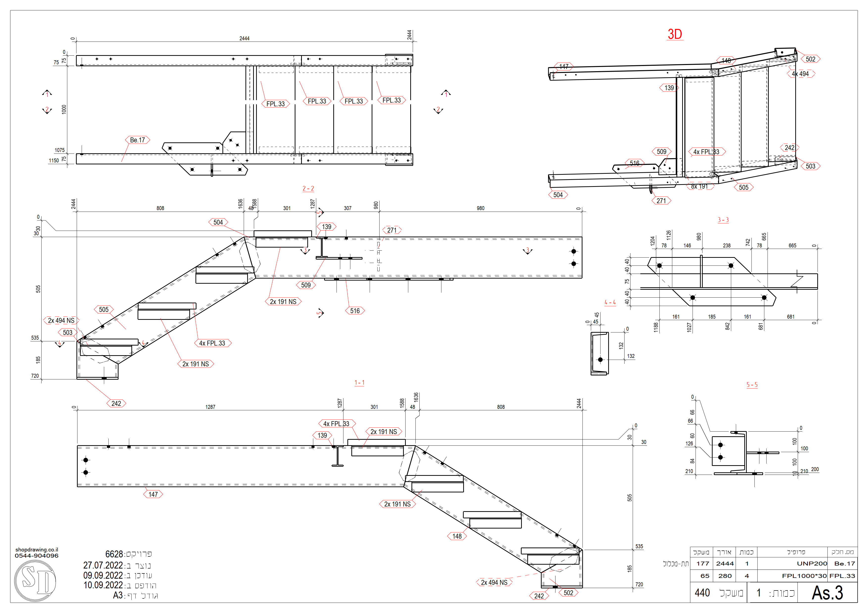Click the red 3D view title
(x=675, y=34)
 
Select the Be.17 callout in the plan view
(x=137, y=140)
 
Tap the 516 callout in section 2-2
(x=355, y=311)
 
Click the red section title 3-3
(x=723, y=220)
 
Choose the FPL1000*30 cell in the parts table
(x=804, y=576)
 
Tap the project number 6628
(x=114, y=554)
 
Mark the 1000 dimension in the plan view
(x=64, y=109)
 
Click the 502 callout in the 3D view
(x=810, y=59)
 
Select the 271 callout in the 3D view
(x=661, y=201)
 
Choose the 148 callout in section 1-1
(x=457, y=536)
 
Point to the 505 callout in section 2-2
(x=104, y=310)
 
